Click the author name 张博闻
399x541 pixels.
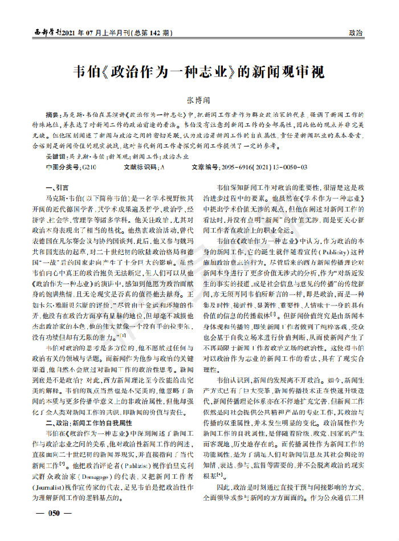[199, 99]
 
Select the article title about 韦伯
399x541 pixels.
[199, 72]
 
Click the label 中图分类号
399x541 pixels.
[63, 167]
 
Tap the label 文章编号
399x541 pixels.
[205, 167]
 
